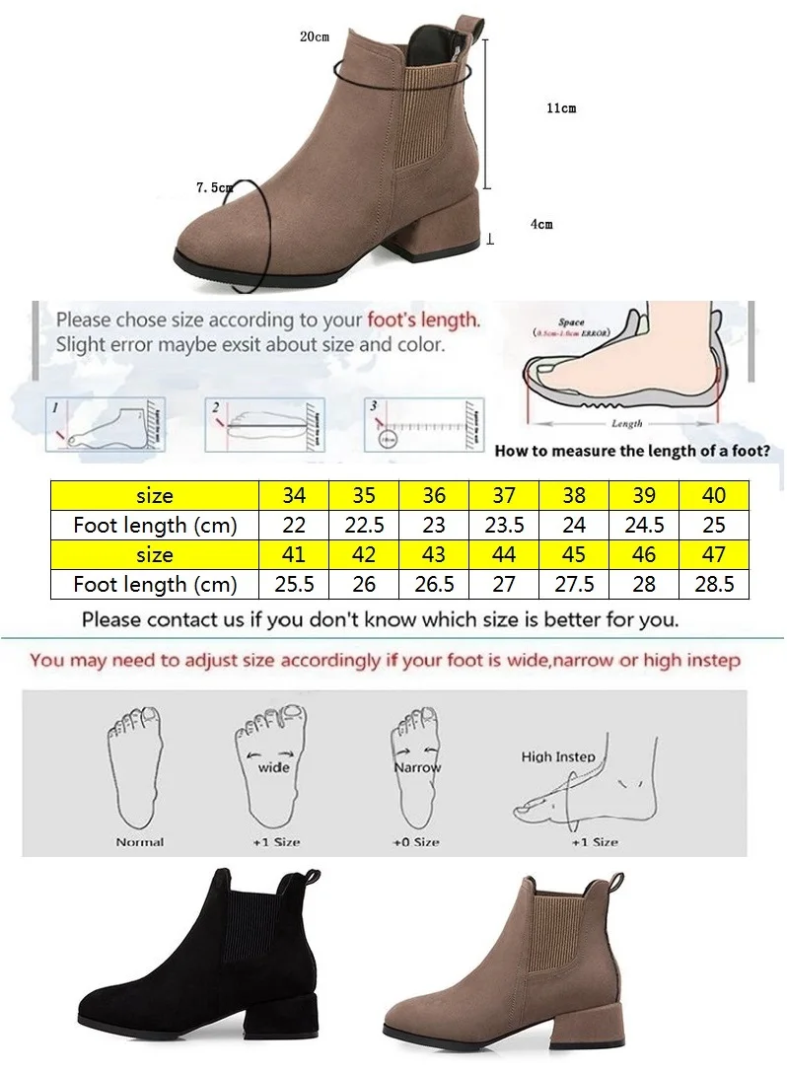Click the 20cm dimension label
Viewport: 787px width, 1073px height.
coord(315,36)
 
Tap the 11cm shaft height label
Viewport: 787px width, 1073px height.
coord(561,108)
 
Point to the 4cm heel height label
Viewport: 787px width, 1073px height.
coord(541,224)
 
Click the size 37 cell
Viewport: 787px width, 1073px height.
coord(504,495)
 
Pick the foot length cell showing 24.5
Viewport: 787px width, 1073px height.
coord(645,525)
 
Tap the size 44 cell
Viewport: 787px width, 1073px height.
coord(504,554)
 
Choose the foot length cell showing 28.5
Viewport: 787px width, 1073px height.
coord(715,584)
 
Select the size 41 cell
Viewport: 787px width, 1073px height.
coord(294,554)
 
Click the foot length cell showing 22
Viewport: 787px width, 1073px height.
coord(294,525)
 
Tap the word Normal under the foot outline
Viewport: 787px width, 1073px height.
coord(140,842)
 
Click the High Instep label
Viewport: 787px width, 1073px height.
coord(558,756)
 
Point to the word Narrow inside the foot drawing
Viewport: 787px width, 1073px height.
coord(417,766)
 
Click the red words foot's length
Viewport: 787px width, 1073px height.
coord(423,320)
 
